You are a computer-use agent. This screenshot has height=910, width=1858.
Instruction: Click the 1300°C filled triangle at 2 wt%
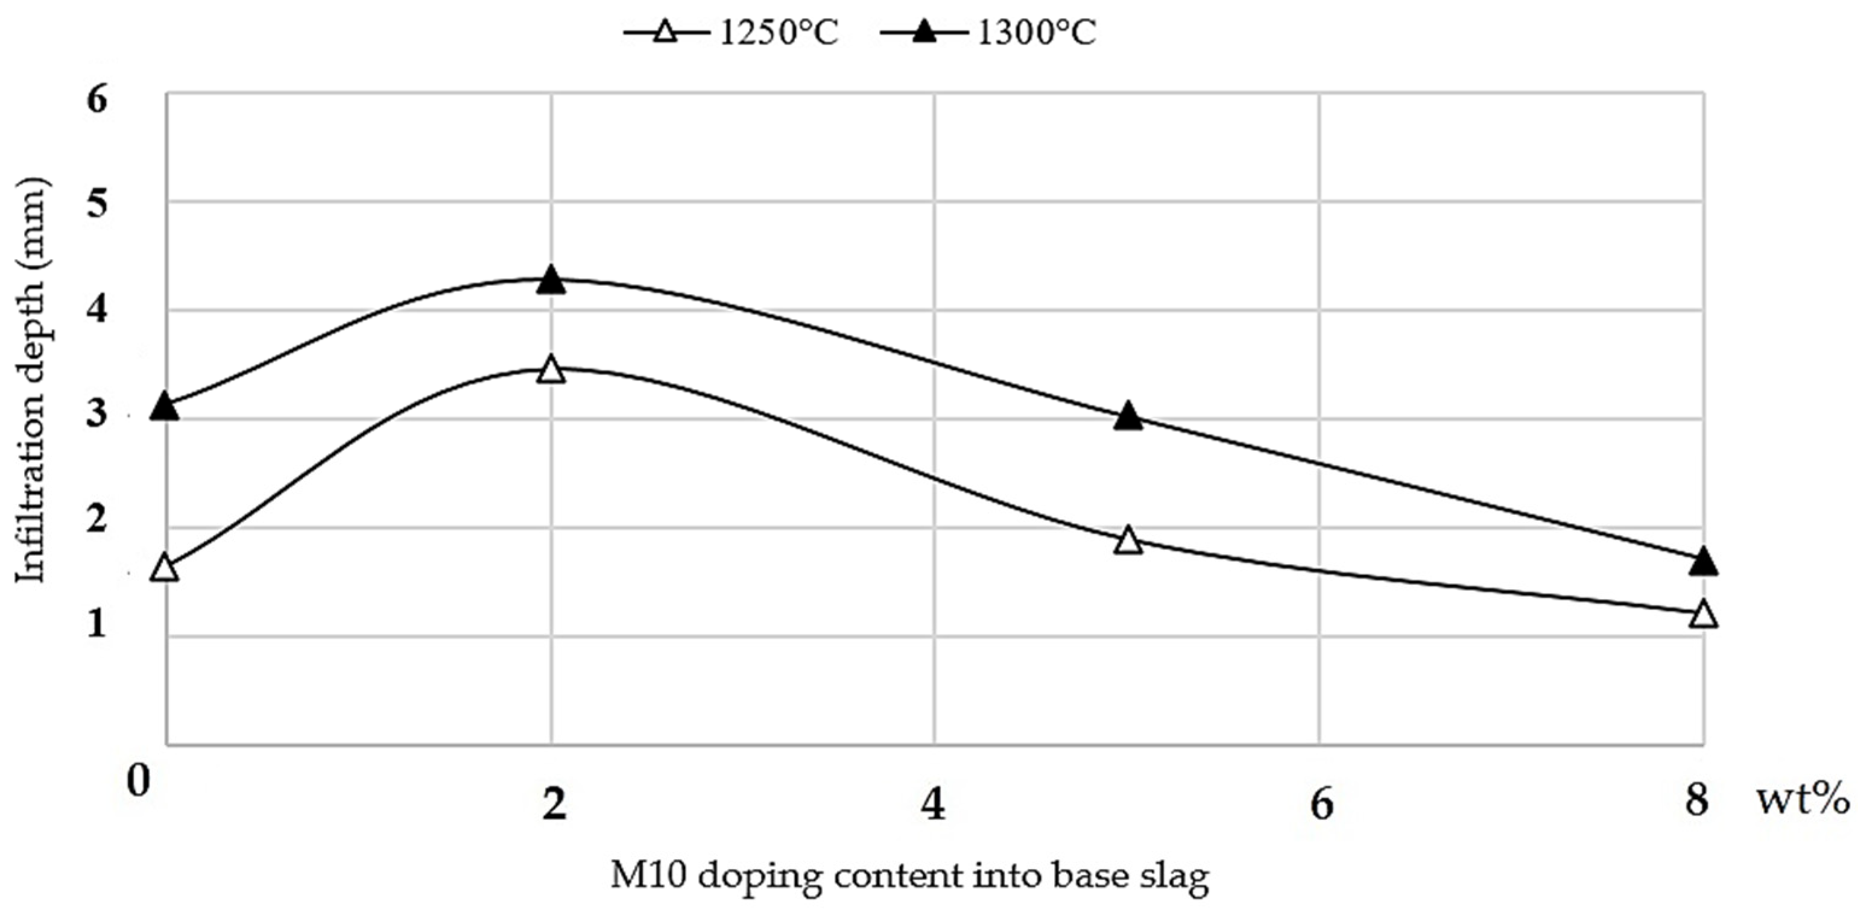(x=551, y=280)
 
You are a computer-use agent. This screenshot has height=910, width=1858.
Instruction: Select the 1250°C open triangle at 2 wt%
(x=551, y=369)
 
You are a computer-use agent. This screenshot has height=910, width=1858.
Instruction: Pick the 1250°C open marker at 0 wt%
(x=166, y=568)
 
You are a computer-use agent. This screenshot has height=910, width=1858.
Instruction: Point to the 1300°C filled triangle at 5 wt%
(x=1128, y=417)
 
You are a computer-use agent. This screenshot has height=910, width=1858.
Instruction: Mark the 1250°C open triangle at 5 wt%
(x=1128, y=541)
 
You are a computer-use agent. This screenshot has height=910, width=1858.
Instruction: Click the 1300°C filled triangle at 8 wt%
(x=1704, y=561)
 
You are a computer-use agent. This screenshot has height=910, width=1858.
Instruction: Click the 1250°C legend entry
(x=732, y=33)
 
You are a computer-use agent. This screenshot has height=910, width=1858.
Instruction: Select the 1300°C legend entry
(x=988, y=33)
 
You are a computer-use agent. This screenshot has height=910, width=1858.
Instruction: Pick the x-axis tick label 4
(x=934, y=803)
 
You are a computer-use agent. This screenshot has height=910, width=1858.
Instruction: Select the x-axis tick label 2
(x=553, y=803)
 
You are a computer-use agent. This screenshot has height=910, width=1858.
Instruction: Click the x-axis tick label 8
(x=1697, y=800)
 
